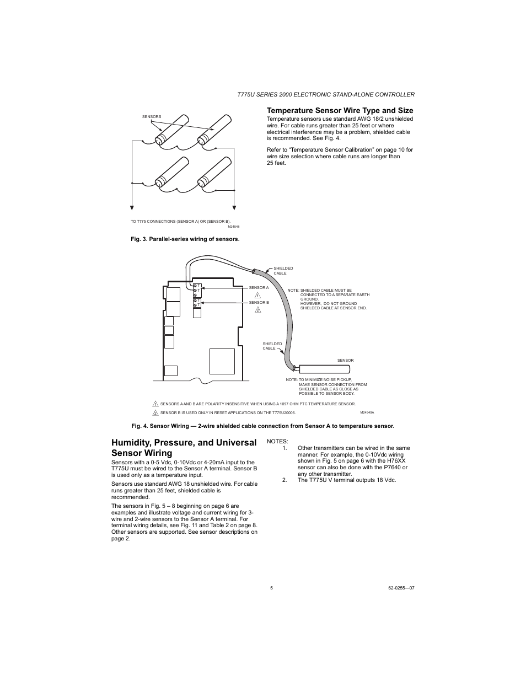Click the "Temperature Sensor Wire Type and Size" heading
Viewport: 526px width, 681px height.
(x=340, y=110)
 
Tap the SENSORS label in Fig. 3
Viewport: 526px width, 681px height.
(x=152, y=117)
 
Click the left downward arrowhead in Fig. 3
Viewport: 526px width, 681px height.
(x=132, y=207)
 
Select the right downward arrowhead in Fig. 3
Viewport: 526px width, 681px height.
(x=234, y=207)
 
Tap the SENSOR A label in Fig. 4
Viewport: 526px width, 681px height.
(x=259, y=288)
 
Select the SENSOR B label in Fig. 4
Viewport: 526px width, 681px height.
(x=259, y=303)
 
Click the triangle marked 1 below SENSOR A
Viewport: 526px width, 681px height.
(x=257, y=296)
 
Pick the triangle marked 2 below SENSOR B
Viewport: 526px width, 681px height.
(x=257, y=310)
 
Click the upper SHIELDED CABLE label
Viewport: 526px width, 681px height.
(x=283, y=271)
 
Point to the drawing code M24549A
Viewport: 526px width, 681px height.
(x=367, y=412)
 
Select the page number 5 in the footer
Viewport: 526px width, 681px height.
(x=271, y=588)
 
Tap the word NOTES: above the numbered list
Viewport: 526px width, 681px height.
(x=277, y=441)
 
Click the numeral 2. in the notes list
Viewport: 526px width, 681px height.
(x=285, y=480)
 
